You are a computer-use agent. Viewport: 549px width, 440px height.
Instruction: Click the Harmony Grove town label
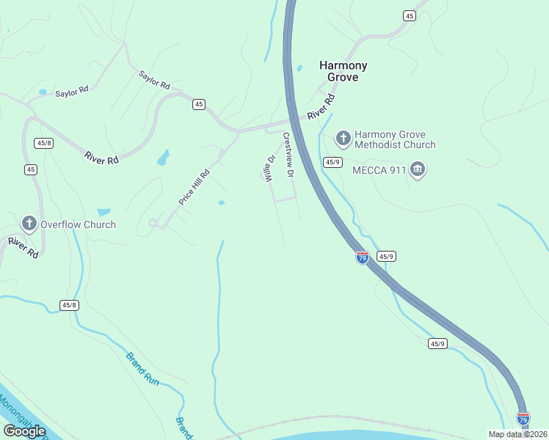coord(343,71)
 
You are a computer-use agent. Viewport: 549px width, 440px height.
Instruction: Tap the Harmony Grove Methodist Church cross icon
coord(343,137)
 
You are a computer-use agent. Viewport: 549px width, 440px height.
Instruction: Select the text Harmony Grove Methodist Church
coord(395,139)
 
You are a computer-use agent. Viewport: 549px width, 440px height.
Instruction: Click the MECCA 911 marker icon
coord(418,170)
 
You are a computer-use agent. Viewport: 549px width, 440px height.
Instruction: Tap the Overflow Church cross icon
coord(29,224)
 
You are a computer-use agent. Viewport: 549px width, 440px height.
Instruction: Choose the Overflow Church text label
coord(78,224)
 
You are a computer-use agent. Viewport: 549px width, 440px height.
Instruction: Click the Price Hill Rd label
coord(194,188)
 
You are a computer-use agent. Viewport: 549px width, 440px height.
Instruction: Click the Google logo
coord(24,431)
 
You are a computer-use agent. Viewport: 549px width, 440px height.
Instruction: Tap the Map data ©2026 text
coord(517,434)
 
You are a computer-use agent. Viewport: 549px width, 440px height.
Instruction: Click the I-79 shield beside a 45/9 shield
coord(362,257)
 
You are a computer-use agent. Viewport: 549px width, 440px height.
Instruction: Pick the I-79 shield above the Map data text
coord(523,419)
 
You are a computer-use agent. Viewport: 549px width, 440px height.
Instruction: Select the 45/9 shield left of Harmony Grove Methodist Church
coord(332,161)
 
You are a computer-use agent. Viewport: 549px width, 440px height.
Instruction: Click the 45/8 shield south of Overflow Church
coord(69,305)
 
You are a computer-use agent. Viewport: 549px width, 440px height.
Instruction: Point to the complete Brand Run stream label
coord(142,369)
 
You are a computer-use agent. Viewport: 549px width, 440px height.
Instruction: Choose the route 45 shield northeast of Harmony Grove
coord(410,15)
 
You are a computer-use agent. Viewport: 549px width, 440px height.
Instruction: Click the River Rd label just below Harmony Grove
coord(321,106)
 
